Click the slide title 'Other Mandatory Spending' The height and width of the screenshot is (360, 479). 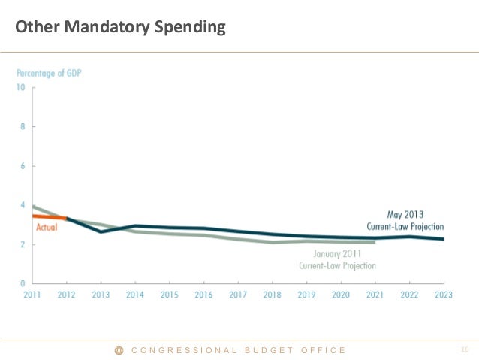coord(120,29)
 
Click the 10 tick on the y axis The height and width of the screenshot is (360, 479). coord(21,87)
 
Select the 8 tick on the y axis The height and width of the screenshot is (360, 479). coord(23,126)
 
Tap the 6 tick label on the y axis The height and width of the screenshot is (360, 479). coord(23,165)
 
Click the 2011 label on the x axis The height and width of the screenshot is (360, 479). coord(32,295)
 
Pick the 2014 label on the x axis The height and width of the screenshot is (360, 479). coord(135,295)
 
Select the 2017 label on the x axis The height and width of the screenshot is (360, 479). coord(238,295)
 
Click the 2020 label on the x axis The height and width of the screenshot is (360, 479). coord(342,295)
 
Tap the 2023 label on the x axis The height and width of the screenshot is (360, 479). coord(444,295)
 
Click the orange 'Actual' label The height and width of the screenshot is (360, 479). coord(47,226)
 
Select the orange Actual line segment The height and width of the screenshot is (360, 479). coord(49,217)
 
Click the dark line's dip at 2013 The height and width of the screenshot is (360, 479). coord(101,231)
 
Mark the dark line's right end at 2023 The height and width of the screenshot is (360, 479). coord(444,239)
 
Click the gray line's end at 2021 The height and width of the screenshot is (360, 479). coord(375,242)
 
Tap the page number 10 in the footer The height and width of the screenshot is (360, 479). coord(465,349)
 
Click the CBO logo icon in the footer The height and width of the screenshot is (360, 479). coord(119,350)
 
